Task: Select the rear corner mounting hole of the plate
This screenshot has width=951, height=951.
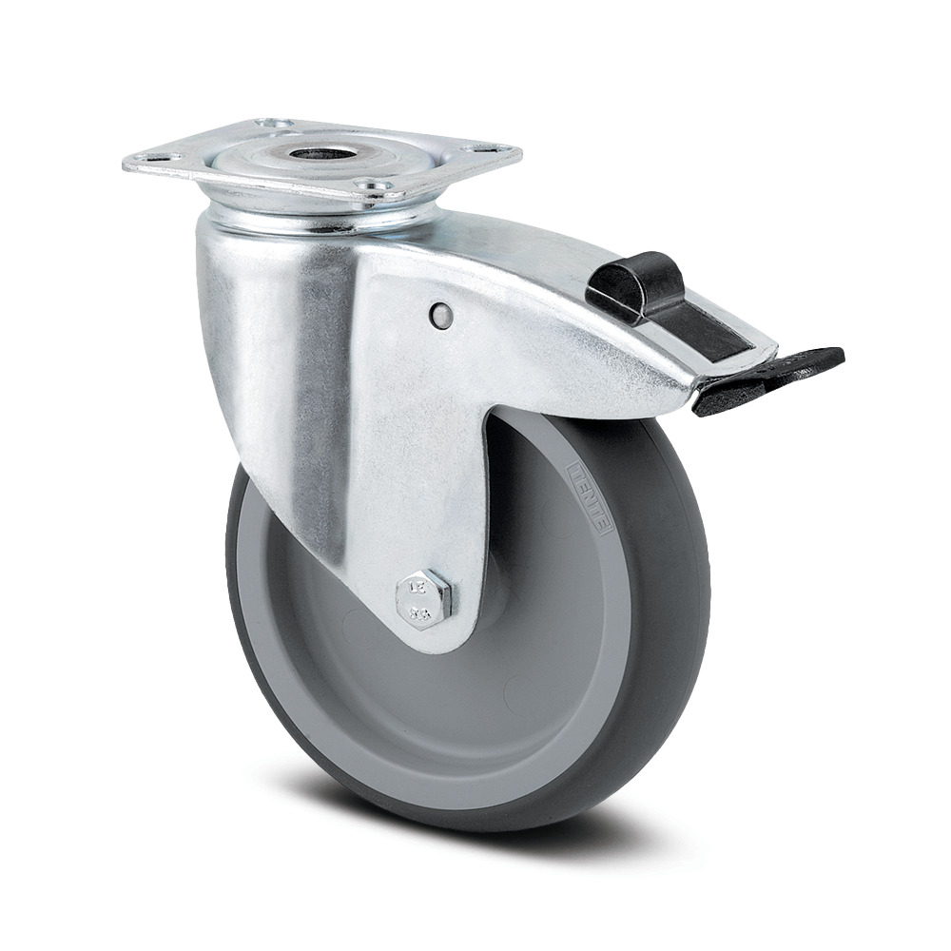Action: [x=273, y=124]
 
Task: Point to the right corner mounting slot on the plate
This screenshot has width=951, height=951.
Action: [x=488, y=150]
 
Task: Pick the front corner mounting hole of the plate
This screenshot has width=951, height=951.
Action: [x=378, y=185]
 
